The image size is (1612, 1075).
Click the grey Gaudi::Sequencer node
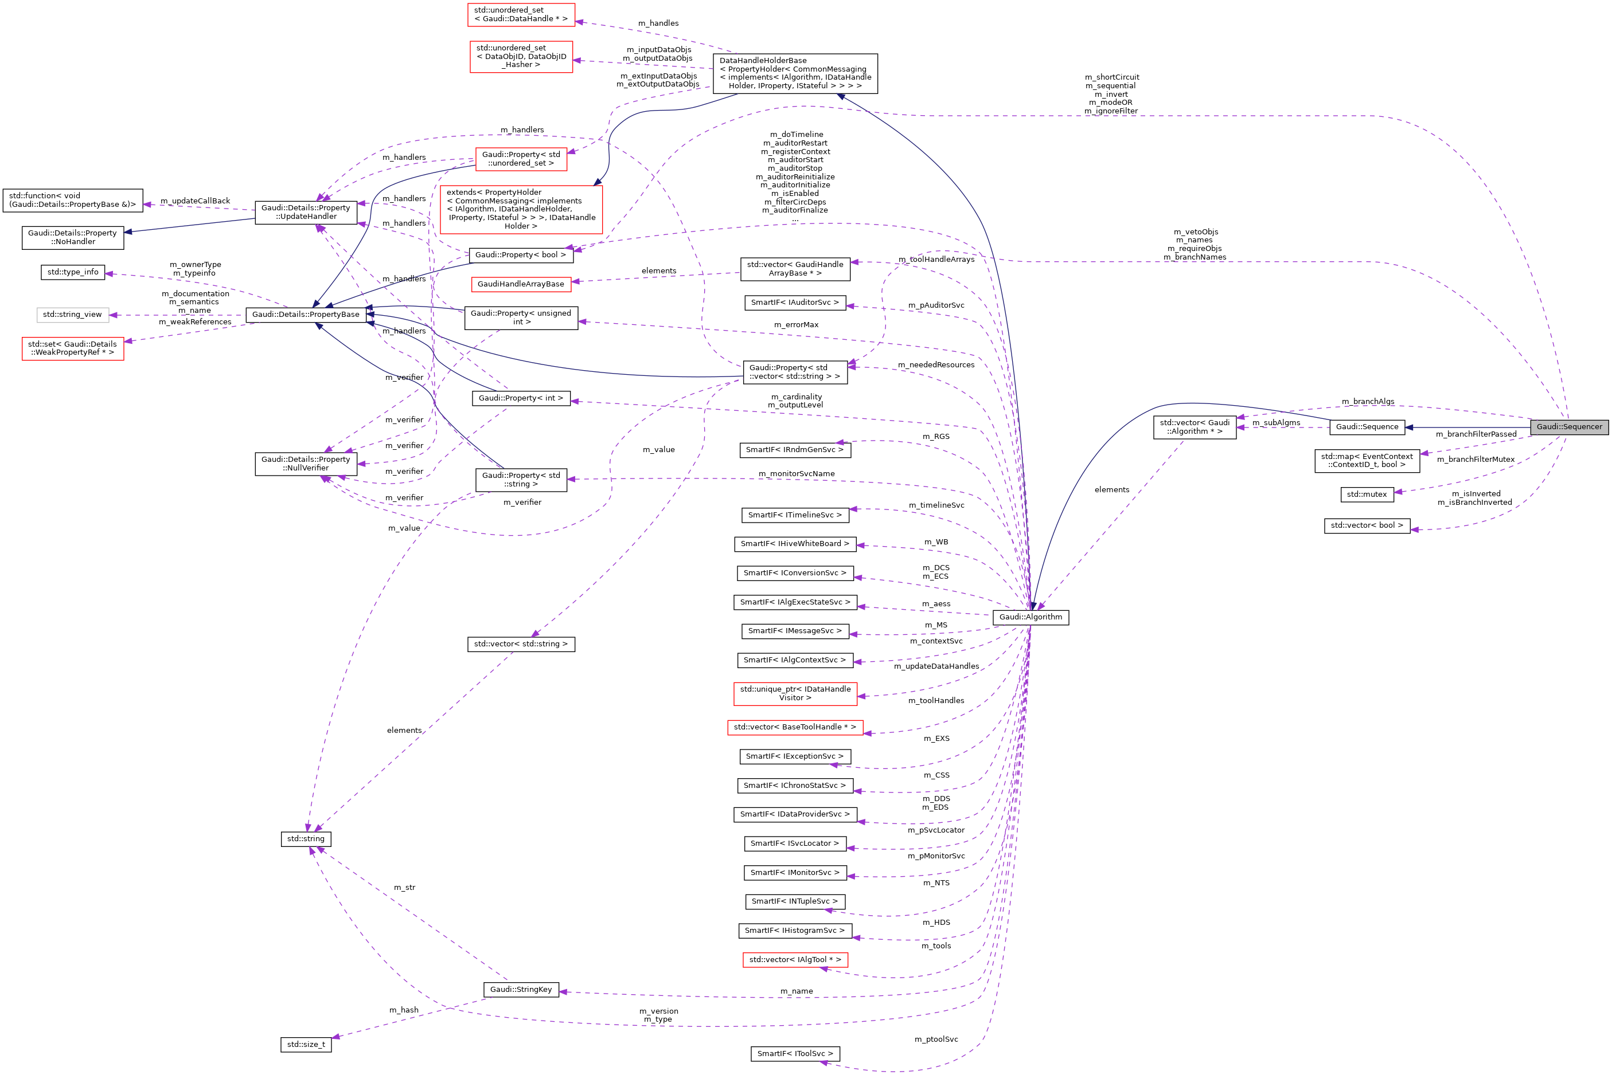pyautogui.click(x=1569, y=427)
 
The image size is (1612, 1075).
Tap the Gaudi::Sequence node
pyautogui.click(x=1367, y=427)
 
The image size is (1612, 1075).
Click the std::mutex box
pyautogui.click(x=1367, y=495)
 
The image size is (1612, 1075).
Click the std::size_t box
pyautogui.click(x=306, y=1045)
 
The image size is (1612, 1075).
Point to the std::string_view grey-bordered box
pyautogui.click(x=72, y=315)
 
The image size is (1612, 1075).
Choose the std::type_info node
pyautogui.click(x=72, y=272)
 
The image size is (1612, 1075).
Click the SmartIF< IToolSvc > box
pyautogui.click(x=795, y=1054)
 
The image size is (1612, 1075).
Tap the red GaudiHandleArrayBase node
pyautogui.click(x=521, y=284)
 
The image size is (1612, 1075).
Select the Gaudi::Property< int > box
pyautogui.click(x=521, y=398)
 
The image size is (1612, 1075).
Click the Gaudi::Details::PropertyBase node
pyautogui.click(x=305, y=315)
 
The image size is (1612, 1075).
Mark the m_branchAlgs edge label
pyautogui.click(x=1368, y=402)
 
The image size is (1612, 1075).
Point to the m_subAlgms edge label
pyautogui.click(x=1276, y=423)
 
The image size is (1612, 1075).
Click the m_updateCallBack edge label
pyautogui.click(x=195, y=201)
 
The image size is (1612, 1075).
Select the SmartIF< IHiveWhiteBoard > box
pyautogui.click(x=795, y=544)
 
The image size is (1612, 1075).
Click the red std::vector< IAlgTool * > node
pyautogui.click(x=795, y=960)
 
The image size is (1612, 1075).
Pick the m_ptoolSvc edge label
pyautogui.click(x=936, y=1039)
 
